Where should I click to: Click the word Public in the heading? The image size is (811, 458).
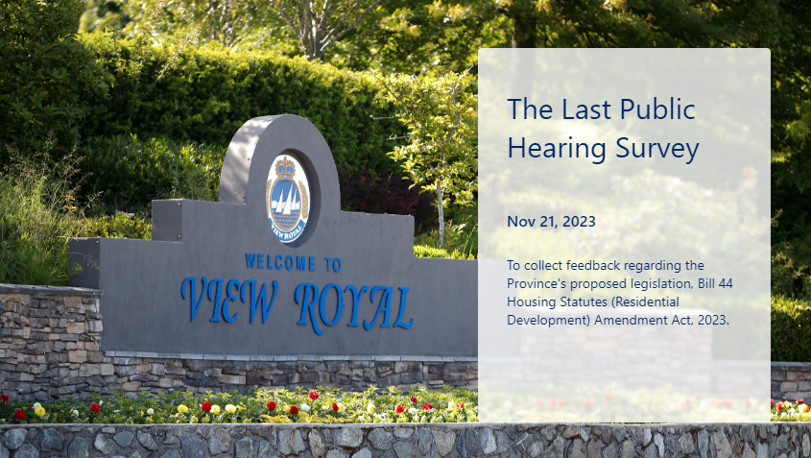pyautogui.click(x=657, y=109)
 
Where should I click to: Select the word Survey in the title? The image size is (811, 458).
pyautogui.click(x=657, y=150)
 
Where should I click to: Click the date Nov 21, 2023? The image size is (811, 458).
pyautogui.click(x=551, y=222)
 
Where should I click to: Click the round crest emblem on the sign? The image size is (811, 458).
pyautogui.click(x=288, y=198)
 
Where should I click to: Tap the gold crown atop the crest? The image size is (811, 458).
pyautogui.click(x=285, y=168)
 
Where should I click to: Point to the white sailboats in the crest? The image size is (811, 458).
pyautogui.click(x=287, y=201)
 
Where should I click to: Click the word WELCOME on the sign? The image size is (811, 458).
pyautogui.click(x=280, y=262)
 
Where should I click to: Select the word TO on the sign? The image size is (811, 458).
pyautogui.click(x=333, y=264)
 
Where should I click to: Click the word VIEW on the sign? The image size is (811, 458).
pyautogui.click(x=229, y=301)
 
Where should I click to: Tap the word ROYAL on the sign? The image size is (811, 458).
pyautogui.click(x=354, y=306)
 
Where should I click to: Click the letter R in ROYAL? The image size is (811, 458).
pyautogui.click(x=308, y=307)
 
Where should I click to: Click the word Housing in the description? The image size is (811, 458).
pyautogui.click(x=531, y=302)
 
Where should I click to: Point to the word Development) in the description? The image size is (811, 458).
pyautogui.click(x=548, y=321)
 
